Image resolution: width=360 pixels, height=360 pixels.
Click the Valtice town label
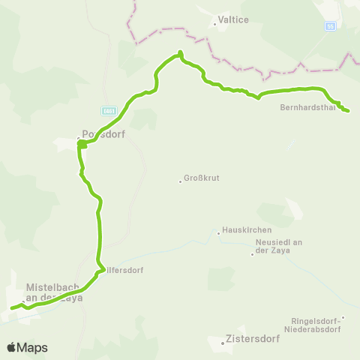233,22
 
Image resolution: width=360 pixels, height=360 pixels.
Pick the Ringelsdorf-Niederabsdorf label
313,324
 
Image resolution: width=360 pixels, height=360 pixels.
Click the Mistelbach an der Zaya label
54,292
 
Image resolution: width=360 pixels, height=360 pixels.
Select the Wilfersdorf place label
122,269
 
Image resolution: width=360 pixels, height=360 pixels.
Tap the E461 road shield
109,109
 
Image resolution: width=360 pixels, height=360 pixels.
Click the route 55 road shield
330,25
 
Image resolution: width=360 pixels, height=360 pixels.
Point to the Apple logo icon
11,347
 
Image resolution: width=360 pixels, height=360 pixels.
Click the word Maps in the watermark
32,347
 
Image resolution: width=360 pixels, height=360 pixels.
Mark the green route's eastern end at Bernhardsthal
348,111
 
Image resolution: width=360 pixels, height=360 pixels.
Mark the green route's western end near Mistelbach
11,307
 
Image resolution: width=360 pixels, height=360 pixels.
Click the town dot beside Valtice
214,24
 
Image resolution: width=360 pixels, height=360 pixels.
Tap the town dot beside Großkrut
181,181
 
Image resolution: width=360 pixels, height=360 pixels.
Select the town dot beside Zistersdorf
222,343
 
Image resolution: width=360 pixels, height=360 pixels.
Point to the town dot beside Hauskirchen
218,233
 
